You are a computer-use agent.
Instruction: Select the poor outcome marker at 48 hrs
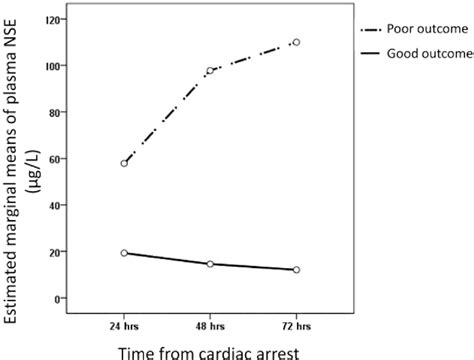210,71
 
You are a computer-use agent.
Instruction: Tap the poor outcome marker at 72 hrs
296,42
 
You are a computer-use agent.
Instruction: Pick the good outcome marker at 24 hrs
124,253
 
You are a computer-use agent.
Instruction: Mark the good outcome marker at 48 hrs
210,264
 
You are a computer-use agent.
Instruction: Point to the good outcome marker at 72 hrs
296,270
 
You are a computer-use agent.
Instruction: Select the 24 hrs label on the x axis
124,326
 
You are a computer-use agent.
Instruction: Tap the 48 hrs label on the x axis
210,326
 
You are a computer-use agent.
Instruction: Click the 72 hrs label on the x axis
296,326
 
